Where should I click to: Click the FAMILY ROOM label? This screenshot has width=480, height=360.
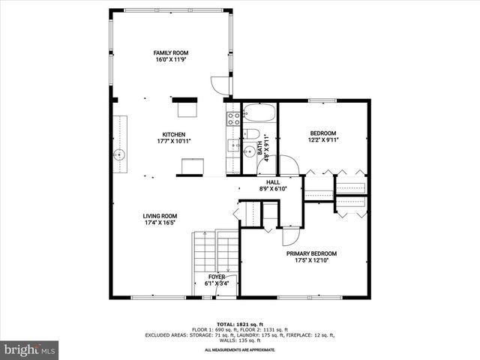coord(171,53)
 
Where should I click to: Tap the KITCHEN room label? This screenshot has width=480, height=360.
coord(171,135)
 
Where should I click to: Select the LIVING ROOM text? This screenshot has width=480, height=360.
coord(160,217)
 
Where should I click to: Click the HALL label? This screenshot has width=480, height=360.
coord(270,182)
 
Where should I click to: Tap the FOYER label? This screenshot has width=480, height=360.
coord(216,277)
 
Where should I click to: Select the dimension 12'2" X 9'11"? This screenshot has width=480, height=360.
coord(323,139)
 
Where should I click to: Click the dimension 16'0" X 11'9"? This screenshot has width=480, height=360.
coord(171,60)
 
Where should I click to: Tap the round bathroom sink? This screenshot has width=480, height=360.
coord(249,151)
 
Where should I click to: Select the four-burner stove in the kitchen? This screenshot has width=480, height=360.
coord(232,118)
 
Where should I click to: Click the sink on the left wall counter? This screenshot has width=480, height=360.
coord(118,156)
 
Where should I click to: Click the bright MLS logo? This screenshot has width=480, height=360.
coord(30,349)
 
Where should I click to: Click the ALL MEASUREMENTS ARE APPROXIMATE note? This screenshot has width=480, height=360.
coord(240,349)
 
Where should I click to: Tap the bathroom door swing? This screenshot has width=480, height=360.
coord(268,164)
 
